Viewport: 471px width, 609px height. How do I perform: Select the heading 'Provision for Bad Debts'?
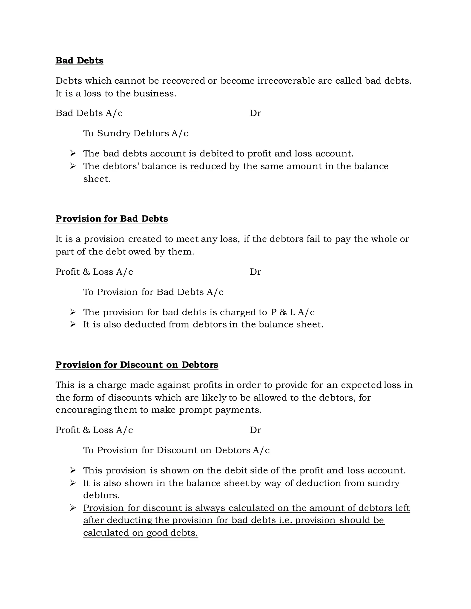(x=112, y=219)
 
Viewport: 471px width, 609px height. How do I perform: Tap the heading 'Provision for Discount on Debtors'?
(x=137, y=365)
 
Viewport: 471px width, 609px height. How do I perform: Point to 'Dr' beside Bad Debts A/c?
(x=255, y=113)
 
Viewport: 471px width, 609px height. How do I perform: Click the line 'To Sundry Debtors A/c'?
(x=136, y=133)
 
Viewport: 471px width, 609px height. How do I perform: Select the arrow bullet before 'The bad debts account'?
(x=73, y=153)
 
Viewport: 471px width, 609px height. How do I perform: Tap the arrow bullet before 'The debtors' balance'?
(x=73, y=166)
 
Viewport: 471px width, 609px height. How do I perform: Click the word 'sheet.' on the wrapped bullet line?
(x=97, y=179)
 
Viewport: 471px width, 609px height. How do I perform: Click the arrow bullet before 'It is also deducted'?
(x=73, y=324)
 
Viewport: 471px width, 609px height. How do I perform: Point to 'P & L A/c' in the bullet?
(x=293, y=312)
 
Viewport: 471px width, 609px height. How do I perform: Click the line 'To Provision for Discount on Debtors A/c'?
(x=176, y=450)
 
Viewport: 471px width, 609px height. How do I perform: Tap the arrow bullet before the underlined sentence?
(x=73, y=508)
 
